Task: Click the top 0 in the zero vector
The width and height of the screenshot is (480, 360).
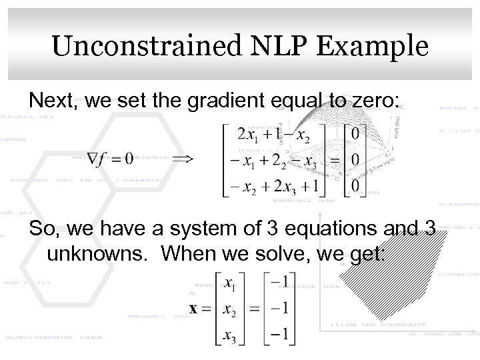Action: point(357,135)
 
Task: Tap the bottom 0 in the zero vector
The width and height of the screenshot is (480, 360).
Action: point(357,183)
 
